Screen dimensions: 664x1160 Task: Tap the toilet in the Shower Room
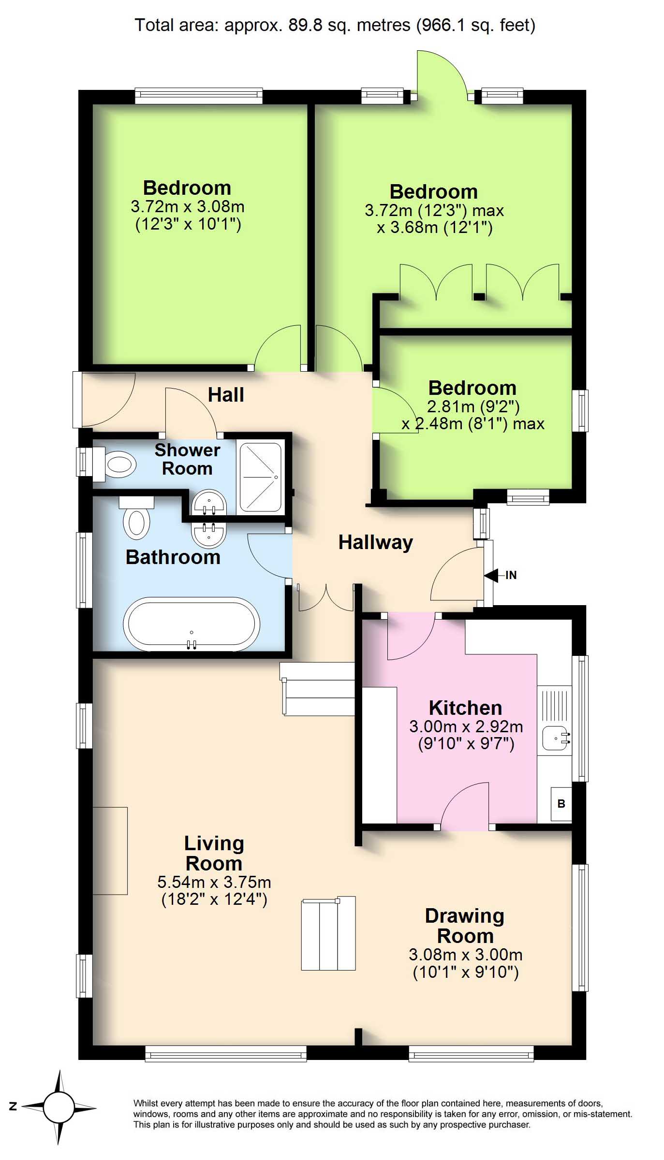tap(114, 464)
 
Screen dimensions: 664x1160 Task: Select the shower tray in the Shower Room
tap(260, 478)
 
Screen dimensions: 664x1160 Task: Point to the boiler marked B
tap(561, 804)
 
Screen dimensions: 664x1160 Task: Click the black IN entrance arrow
tap(491, 576)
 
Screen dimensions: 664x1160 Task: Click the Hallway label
tap(375, 542)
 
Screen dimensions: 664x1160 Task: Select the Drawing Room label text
tap(465, 927)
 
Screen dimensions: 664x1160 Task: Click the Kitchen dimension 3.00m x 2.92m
tap(466, 726)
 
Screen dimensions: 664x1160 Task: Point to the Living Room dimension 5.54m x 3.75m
tap(214, 882)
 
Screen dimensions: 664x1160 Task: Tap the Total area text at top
tap(335, 25)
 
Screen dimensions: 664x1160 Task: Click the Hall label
tap(226, 395)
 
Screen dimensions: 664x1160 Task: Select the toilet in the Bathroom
tap(136, 518)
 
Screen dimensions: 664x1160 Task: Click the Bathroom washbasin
tap(209, 534)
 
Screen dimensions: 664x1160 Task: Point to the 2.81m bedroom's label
tap(472, 388)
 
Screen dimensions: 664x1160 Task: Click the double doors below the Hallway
tap(326, 597)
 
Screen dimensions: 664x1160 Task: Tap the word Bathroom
tap(173, 557)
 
